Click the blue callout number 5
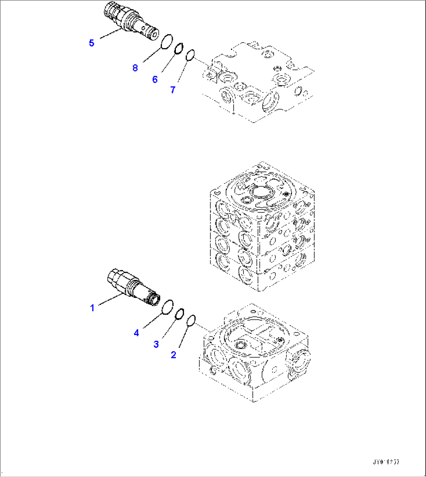(91, 43)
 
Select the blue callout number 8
(135, 68)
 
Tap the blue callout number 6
(155, 80)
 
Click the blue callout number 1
(92, 308)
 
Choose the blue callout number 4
(136, 333)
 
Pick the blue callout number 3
(156, 344)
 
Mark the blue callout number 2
(174, 355)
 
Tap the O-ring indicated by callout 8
(166, 41)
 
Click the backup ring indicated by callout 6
(179, 48)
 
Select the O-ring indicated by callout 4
(167, 306)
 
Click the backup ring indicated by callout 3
(180, 314)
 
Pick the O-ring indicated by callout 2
(191, 321)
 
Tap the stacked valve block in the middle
(262, 226)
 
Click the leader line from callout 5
(110, 34)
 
